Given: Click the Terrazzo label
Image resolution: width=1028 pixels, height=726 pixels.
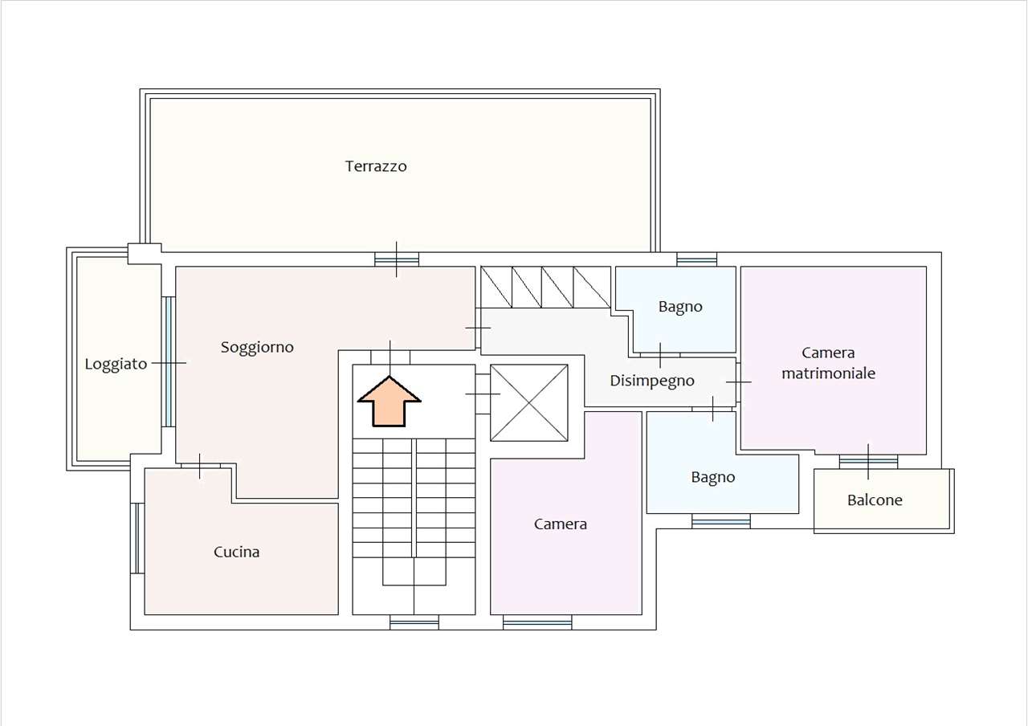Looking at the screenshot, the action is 376,166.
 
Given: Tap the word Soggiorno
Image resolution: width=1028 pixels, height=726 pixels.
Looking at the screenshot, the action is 257,348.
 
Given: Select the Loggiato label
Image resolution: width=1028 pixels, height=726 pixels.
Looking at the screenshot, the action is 116,364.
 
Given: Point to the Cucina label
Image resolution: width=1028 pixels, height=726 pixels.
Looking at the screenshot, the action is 236,552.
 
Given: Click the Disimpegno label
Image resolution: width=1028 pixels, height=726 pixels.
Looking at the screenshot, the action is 651,381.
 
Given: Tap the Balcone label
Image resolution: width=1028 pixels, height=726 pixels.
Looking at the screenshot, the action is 875,500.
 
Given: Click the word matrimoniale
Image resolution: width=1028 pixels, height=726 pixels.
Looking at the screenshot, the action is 828,373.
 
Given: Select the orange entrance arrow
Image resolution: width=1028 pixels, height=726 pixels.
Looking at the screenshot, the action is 390,402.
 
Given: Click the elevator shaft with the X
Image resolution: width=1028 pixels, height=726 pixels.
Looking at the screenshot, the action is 529,403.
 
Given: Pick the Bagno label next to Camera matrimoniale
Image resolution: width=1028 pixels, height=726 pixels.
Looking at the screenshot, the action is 680,307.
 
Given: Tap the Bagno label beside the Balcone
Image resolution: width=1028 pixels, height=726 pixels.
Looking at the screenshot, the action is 712,478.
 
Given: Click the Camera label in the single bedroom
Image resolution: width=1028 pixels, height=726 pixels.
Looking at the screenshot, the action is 561,524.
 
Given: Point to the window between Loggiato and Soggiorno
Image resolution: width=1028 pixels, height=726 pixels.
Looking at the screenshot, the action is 169,361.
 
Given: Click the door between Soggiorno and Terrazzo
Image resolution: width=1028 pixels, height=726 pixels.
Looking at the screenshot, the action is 397,259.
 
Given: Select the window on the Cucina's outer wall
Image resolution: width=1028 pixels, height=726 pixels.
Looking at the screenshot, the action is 137,538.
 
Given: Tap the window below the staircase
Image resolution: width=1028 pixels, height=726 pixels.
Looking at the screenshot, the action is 414,622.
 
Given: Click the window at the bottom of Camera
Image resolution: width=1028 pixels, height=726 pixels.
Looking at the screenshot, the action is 537,622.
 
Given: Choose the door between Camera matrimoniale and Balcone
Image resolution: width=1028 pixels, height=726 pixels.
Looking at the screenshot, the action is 868,462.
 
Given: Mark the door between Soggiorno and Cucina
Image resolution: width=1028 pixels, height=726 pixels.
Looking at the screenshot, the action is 200,466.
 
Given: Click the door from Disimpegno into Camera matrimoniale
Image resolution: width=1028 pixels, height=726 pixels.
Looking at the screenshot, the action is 738,381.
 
